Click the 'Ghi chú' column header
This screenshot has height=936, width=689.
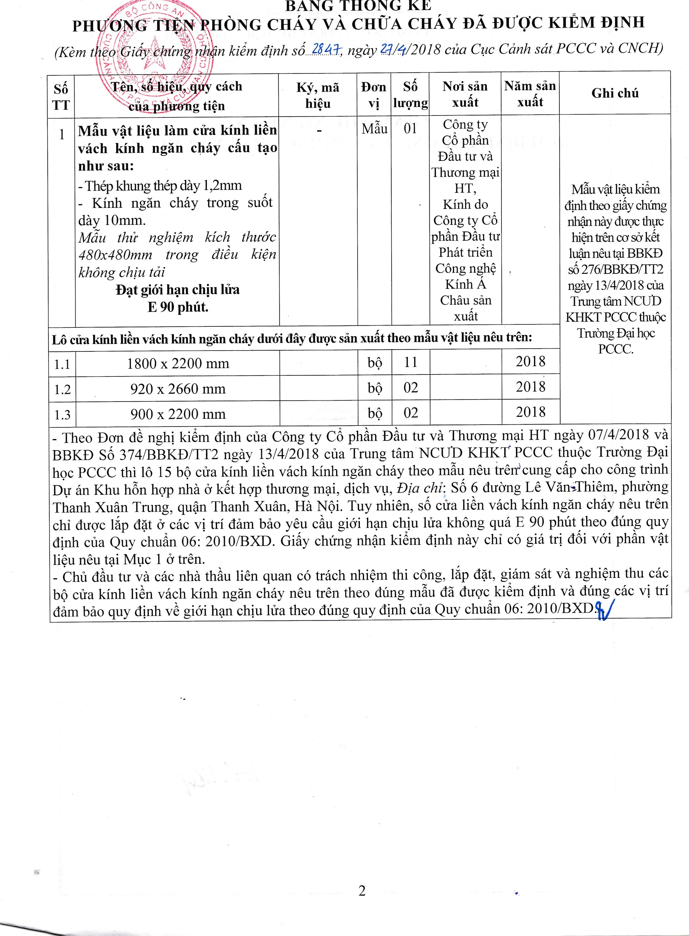point(615,93)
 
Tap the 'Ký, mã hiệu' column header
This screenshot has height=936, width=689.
point(318,95)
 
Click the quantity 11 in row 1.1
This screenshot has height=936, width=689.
point(410,362)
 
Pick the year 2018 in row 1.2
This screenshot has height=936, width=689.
point(530,387)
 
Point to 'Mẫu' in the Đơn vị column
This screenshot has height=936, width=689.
point(374,129)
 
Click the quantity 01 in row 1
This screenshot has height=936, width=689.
point(410,129)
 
